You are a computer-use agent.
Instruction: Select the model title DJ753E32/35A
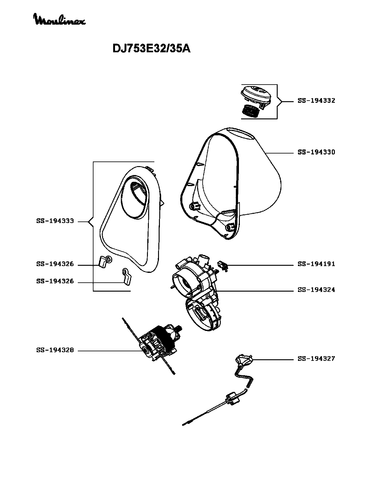151,48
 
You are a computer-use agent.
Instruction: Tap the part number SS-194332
316,101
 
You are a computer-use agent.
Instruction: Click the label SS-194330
316,152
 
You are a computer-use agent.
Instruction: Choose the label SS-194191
316,264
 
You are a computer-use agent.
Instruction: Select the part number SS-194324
316,290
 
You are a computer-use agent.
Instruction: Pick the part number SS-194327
316,359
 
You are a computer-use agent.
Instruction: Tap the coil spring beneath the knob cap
251,110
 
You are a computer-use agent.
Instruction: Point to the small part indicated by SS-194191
223,265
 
